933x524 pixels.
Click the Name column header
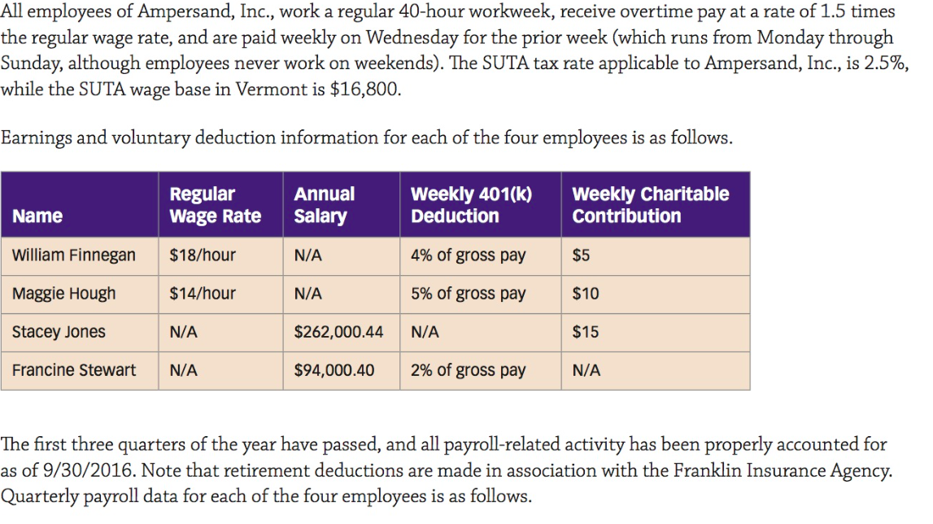click(37, 216)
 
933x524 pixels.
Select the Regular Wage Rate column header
click(215, 205)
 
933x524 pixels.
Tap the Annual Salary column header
click(324, 205)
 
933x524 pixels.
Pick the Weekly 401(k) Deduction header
click(471, 205)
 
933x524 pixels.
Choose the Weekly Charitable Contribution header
click(650, 205)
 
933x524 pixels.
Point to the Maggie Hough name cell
click(63, 294)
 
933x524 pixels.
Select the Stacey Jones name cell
click(59, 332)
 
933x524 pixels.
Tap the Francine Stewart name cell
click(74, 370)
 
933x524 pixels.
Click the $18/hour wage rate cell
click(202, 255)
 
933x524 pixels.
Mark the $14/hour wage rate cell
click(202, 294)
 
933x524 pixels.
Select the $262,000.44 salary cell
click(338, 332)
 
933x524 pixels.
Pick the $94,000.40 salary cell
click(334, 370)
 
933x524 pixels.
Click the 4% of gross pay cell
click(468, 255)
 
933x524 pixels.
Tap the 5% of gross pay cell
click(468, 294)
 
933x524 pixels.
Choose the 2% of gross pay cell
click(468, 370)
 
